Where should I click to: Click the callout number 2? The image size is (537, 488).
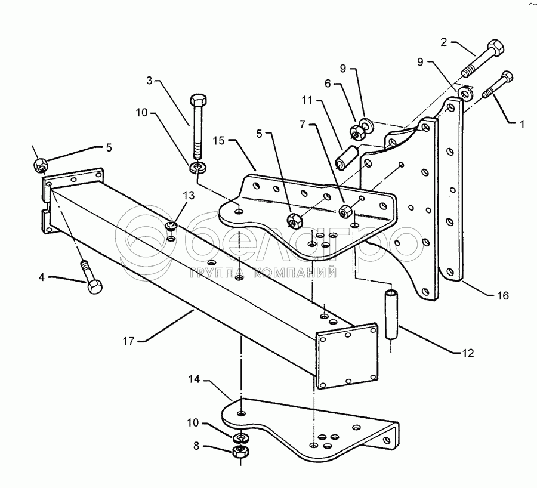pyautogui.click(x=444, y=42)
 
